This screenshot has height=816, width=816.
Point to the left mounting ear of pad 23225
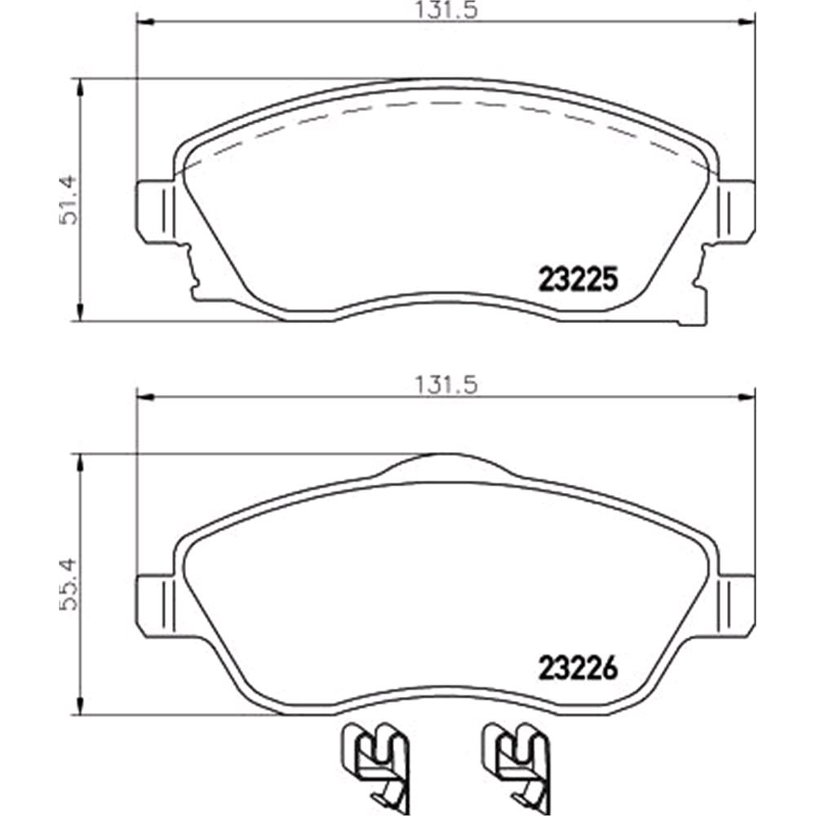coord(155,211)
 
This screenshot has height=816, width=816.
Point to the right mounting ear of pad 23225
coord(736,211)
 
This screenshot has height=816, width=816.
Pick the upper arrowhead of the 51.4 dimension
coord(79,86)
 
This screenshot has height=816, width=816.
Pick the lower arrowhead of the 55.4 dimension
coord(79,707)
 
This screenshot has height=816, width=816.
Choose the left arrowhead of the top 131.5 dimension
coord(144,21)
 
